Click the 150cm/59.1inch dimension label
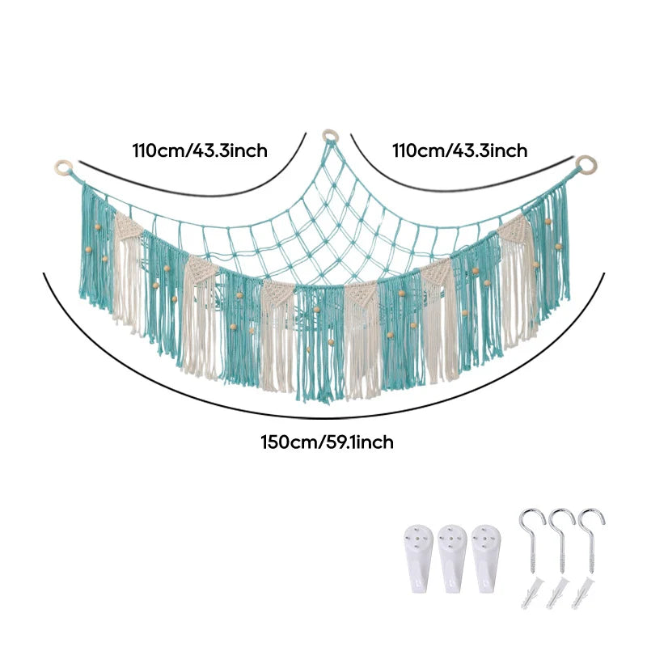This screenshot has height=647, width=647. pyautogui.click(x=327, y=442)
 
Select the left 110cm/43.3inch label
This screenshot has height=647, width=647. pyautogui.click(x=200, y=150)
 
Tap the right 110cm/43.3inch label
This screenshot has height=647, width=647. pyautogui.click(x=459, y=150)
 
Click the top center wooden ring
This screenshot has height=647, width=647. pyautogui.click(x=331, y=135)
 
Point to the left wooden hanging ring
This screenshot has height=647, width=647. pyautogui.click(x=63, y=167)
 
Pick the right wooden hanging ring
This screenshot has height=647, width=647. pyautogui.click(x=586, y=165)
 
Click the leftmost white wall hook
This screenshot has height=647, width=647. pyautogui.click(x=418, y=559)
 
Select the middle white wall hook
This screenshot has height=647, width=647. pyautogui.click(x=452, y=559)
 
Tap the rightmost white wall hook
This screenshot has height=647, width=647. pyautogui.click(x=486, y=559)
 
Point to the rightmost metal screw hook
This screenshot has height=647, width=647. pyautogui.click(x=590, y=536)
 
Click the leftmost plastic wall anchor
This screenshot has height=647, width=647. pyautogui.click(x=532, y=594)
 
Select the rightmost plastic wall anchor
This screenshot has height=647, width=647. pyautogui.click(x=582, y=594)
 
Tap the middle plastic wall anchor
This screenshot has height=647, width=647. pyautogui.click(x=557, y=594)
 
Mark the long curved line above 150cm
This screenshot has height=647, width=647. pyautogui.click(x=324, y=417)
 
